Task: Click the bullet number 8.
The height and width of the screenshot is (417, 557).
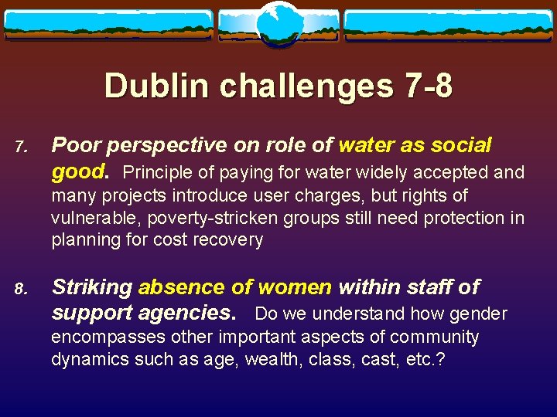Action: point(21,290)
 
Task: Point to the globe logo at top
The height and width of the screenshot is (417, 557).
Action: point(278,24)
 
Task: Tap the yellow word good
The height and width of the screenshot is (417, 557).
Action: point(77,170)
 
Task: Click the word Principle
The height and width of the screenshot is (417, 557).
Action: point(160,171)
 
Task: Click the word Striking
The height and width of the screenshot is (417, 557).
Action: point(91,287)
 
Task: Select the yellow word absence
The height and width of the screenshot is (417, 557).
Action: point(183,287)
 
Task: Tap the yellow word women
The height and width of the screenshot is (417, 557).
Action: point(295,287)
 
